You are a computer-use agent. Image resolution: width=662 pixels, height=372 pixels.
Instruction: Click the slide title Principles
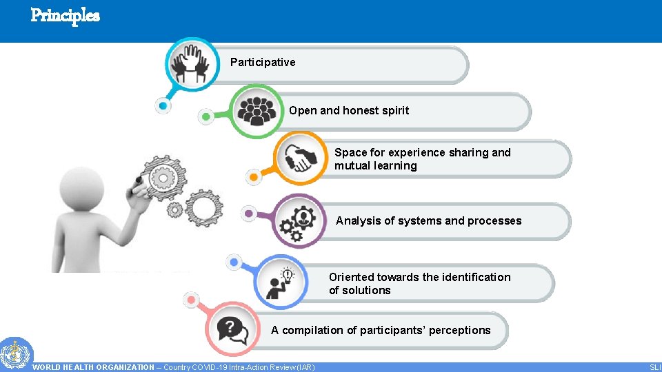tap(66, 14)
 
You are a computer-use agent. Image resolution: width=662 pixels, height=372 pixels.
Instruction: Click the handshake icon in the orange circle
tap(301, 158)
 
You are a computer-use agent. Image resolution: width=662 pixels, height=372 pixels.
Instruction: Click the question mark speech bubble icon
tap(232, 331)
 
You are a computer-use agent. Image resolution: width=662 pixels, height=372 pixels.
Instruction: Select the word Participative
tap(263, 63)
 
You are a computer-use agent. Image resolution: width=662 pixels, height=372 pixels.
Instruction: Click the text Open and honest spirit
tap(349, 111)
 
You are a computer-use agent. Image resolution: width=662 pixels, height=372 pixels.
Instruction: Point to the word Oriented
tap(351, 277)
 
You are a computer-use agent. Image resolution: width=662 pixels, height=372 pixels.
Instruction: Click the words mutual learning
tap(376, 166)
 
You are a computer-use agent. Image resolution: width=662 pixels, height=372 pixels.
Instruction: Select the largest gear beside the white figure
tap(163, 178)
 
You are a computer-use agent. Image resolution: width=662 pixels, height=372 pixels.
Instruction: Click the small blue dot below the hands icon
tap(163, 106)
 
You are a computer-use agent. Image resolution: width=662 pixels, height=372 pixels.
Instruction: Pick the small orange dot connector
tap(254, 177)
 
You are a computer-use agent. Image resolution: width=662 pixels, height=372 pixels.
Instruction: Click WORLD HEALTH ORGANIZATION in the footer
tap(94, 367)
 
